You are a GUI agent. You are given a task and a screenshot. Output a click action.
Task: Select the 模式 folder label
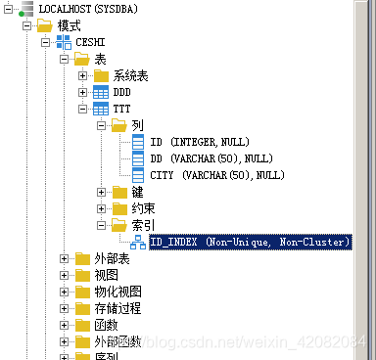pyautogui.click(x=69, y=25)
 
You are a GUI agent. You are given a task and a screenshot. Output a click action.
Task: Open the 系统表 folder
pyautogui.click(x=130, y=75)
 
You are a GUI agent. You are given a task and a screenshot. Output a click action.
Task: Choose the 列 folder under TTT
pyautogui.click(x=137, y=125)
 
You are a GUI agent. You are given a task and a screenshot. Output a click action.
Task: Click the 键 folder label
pyautogui.click(x=137, y=192)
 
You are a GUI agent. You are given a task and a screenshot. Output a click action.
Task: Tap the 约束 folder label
pyautogui.click(x=143, y=208)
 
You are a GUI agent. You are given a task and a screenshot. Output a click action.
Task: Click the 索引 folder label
pyautogui.click(x=143, y=225)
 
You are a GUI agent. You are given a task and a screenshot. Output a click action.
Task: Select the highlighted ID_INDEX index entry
pyautogui.click(x=251, y=242)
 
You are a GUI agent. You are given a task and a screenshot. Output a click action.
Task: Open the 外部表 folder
pyautogui.click(x=112, y=258)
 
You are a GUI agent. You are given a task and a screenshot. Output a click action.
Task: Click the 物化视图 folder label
pyautogui.click(x=117, y=292)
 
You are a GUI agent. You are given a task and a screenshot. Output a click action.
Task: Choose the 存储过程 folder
pyautogui.click(x=117, y=308)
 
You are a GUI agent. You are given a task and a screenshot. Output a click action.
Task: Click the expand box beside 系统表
pyautogui.click(x=82, y=75)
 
